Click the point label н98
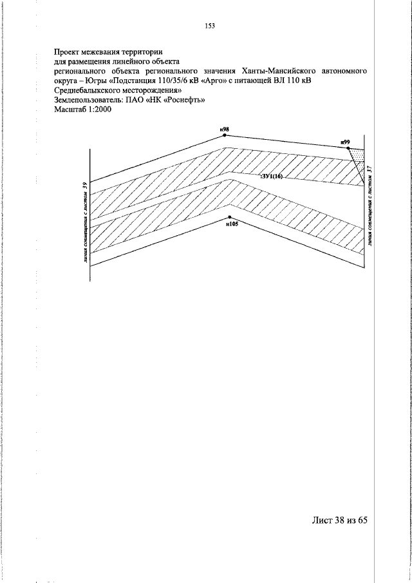point(225,129)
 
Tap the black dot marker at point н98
point(225,135)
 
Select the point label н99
point(345,141)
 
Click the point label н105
point(232,225)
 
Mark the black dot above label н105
point(230,216)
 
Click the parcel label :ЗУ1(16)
point(271,175)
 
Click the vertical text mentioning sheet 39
point(84,223)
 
